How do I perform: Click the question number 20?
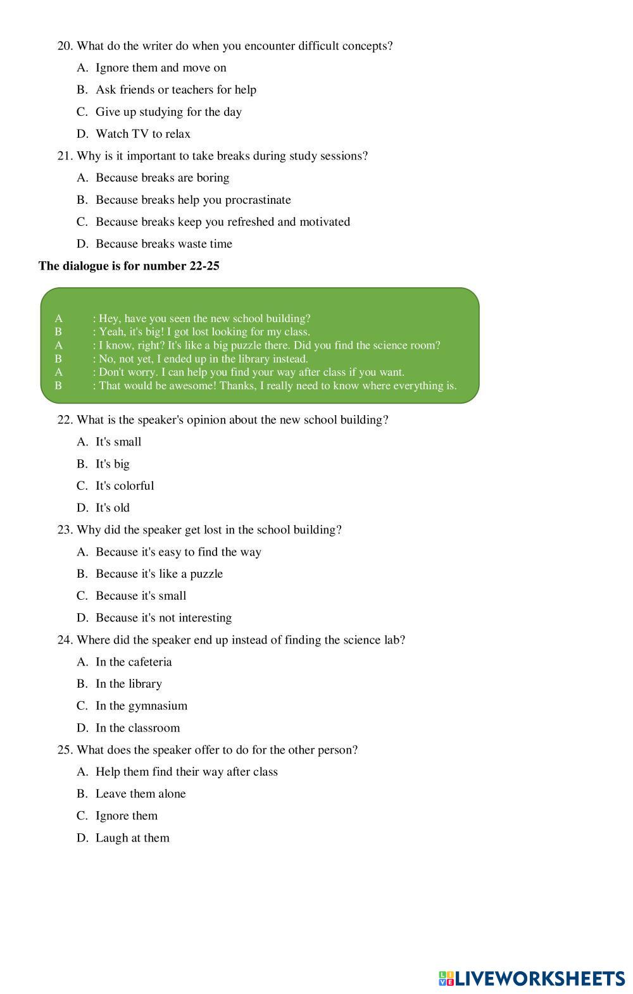click(x=65, y=46)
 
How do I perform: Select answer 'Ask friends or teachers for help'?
click(x=175, y=90)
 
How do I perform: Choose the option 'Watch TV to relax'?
click(x=142, y=134)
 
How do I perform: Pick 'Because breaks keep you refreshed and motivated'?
click(x=222, y=222)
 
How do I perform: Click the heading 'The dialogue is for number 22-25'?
click(x=129, y=266)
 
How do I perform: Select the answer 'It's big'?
click(x=112, y=464)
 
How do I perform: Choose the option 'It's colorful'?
click(x=125, y=486)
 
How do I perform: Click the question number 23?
click(x=65, y=530)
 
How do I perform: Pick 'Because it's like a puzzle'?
click(x=159, y=574)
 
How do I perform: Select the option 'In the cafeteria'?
click(x=134, y=662)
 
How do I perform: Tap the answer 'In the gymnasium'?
click(x=141, y=706)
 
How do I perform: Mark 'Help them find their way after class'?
click(x=186, y=772)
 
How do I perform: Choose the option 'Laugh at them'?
click(x=132, y=838)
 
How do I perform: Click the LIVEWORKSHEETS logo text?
click(x=539, y=979)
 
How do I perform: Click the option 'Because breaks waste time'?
click(x=163, y=244)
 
